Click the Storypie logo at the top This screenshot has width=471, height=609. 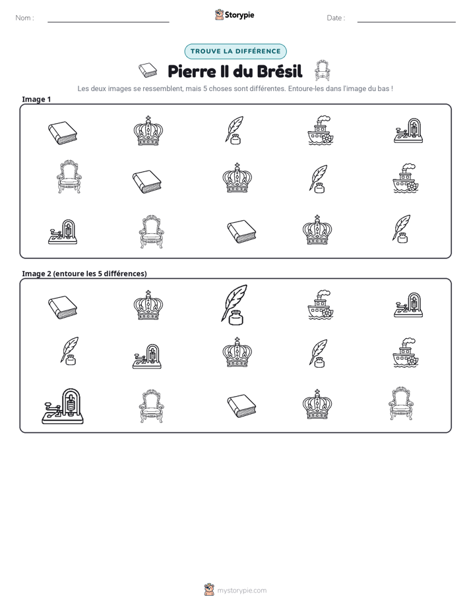(x=234, y=14)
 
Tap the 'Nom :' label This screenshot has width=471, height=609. (x=24, y=18)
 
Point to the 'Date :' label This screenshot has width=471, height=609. (x=336, y=18)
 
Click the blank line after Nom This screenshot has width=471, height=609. (x=108, y=22)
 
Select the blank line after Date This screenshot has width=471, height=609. (x=406, y=22)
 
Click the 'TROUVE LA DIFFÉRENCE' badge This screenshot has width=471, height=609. (x=235, y=51)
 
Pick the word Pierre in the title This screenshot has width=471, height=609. (x=192, y=71)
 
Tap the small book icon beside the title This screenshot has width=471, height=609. (x=148, y=70)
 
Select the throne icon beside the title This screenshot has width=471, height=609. (x=322, y=71)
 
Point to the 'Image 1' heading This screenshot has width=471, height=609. (x=36, y=99)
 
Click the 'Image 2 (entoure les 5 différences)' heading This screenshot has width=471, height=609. (x=84, y=274)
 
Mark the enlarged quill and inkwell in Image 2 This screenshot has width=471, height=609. (x=234, y=305)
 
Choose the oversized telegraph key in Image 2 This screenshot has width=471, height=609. (x=63, y=406)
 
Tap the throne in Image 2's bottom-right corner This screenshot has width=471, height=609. (x=401, y=403)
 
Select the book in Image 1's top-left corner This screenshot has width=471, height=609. (x=63, y=133)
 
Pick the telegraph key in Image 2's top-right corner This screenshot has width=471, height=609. (x=408, y=305)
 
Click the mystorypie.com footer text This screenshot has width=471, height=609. (x=241, y=591)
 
